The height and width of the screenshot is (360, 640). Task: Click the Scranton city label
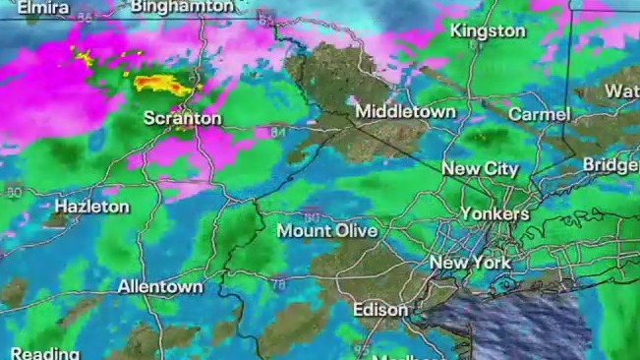coord(182,119)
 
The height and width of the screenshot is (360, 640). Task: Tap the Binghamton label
coord(182,6)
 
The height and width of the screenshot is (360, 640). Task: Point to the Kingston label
coord(488,30)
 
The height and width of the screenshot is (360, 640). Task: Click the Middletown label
coord(405,111)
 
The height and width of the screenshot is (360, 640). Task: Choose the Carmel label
coord(539,114)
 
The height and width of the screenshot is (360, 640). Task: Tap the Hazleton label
coord(91,208)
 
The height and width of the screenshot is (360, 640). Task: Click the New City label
coord(480,169)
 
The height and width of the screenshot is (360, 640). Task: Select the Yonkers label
coord(495,213)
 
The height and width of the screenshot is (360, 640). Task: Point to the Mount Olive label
coord(327,231)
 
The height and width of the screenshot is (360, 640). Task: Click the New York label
coord(470,263)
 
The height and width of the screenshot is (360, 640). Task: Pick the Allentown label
coord(160,287)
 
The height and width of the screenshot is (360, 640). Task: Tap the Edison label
coord(380,310)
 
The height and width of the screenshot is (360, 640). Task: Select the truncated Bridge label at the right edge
coord(611,164)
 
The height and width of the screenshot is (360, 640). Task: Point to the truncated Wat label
coord(620,90)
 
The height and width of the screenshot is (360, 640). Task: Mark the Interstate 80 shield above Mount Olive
coord(311,212)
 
